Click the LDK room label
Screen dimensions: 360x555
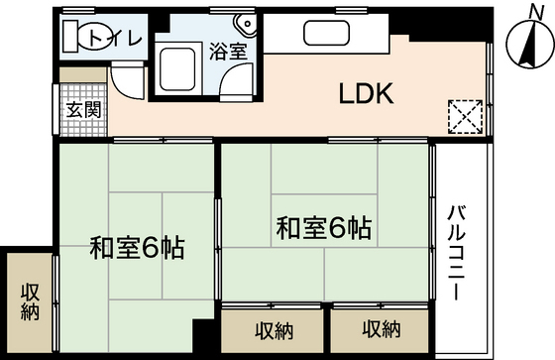click(367, 95)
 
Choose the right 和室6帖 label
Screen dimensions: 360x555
click(323, 229)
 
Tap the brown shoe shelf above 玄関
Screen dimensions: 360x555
click(75, 75)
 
